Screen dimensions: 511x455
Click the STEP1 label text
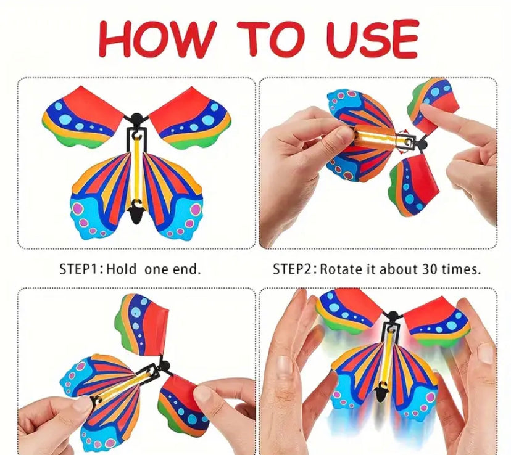79,269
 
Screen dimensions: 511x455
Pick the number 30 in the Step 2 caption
430,269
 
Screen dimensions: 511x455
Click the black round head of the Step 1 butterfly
136,118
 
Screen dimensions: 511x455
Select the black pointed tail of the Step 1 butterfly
136,215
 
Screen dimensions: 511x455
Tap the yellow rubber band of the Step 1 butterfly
136,170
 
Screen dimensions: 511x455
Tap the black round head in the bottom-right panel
393,315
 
